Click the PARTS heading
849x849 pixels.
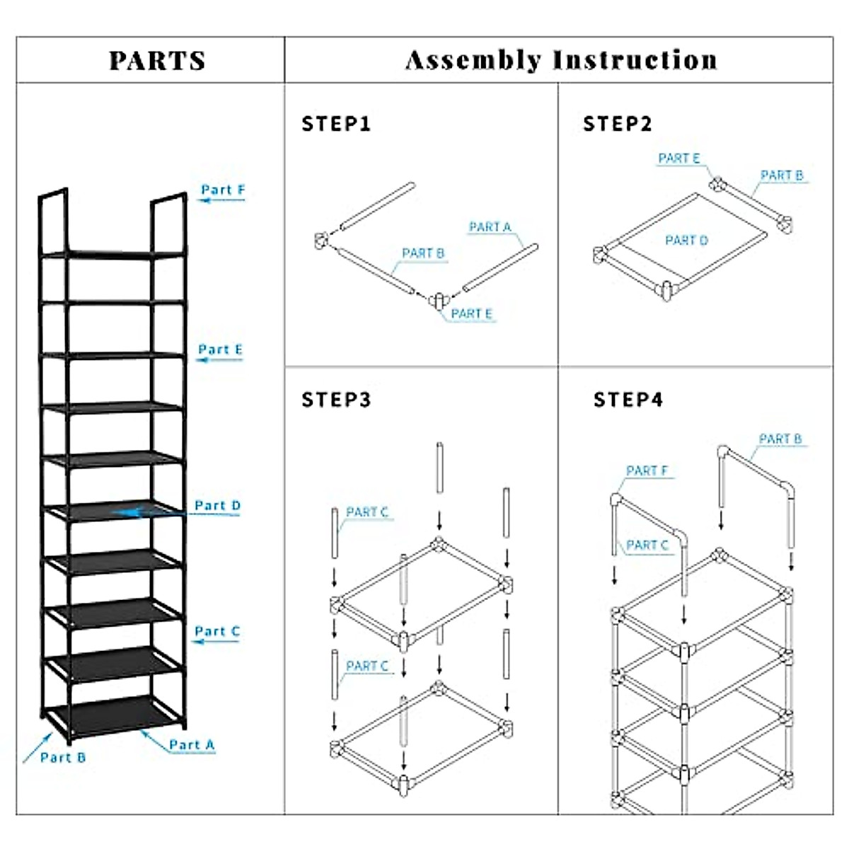coord(157,61)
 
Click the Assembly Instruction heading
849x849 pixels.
coord(561,61)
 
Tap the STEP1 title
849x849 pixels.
coord(336,125)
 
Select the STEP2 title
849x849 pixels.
coord(617,125)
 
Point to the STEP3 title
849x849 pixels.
coord(336,400)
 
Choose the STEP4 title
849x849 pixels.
coord(628,400)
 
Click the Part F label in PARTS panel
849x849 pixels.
coord(223,190)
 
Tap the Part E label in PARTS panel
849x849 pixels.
coord(220,350)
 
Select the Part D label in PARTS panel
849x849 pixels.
coord(217,505)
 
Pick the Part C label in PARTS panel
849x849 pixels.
coord(217,631)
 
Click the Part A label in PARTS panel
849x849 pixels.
coord(191,745)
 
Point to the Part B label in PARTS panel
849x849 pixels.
coord(63,758)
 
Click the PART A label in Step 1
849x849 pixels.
coord(490,227)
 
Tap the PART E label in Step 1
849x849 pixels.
coord(471,313)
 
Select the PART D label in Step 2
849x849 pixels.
coord(686,241)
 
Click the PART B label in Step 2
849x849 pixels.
coord(782,175)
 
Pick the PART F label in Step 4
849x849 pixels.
coord(647,470)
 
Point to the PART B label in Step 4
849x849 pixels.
coord(780,439)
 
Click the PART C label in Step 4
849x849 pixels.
coord(647,545)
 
